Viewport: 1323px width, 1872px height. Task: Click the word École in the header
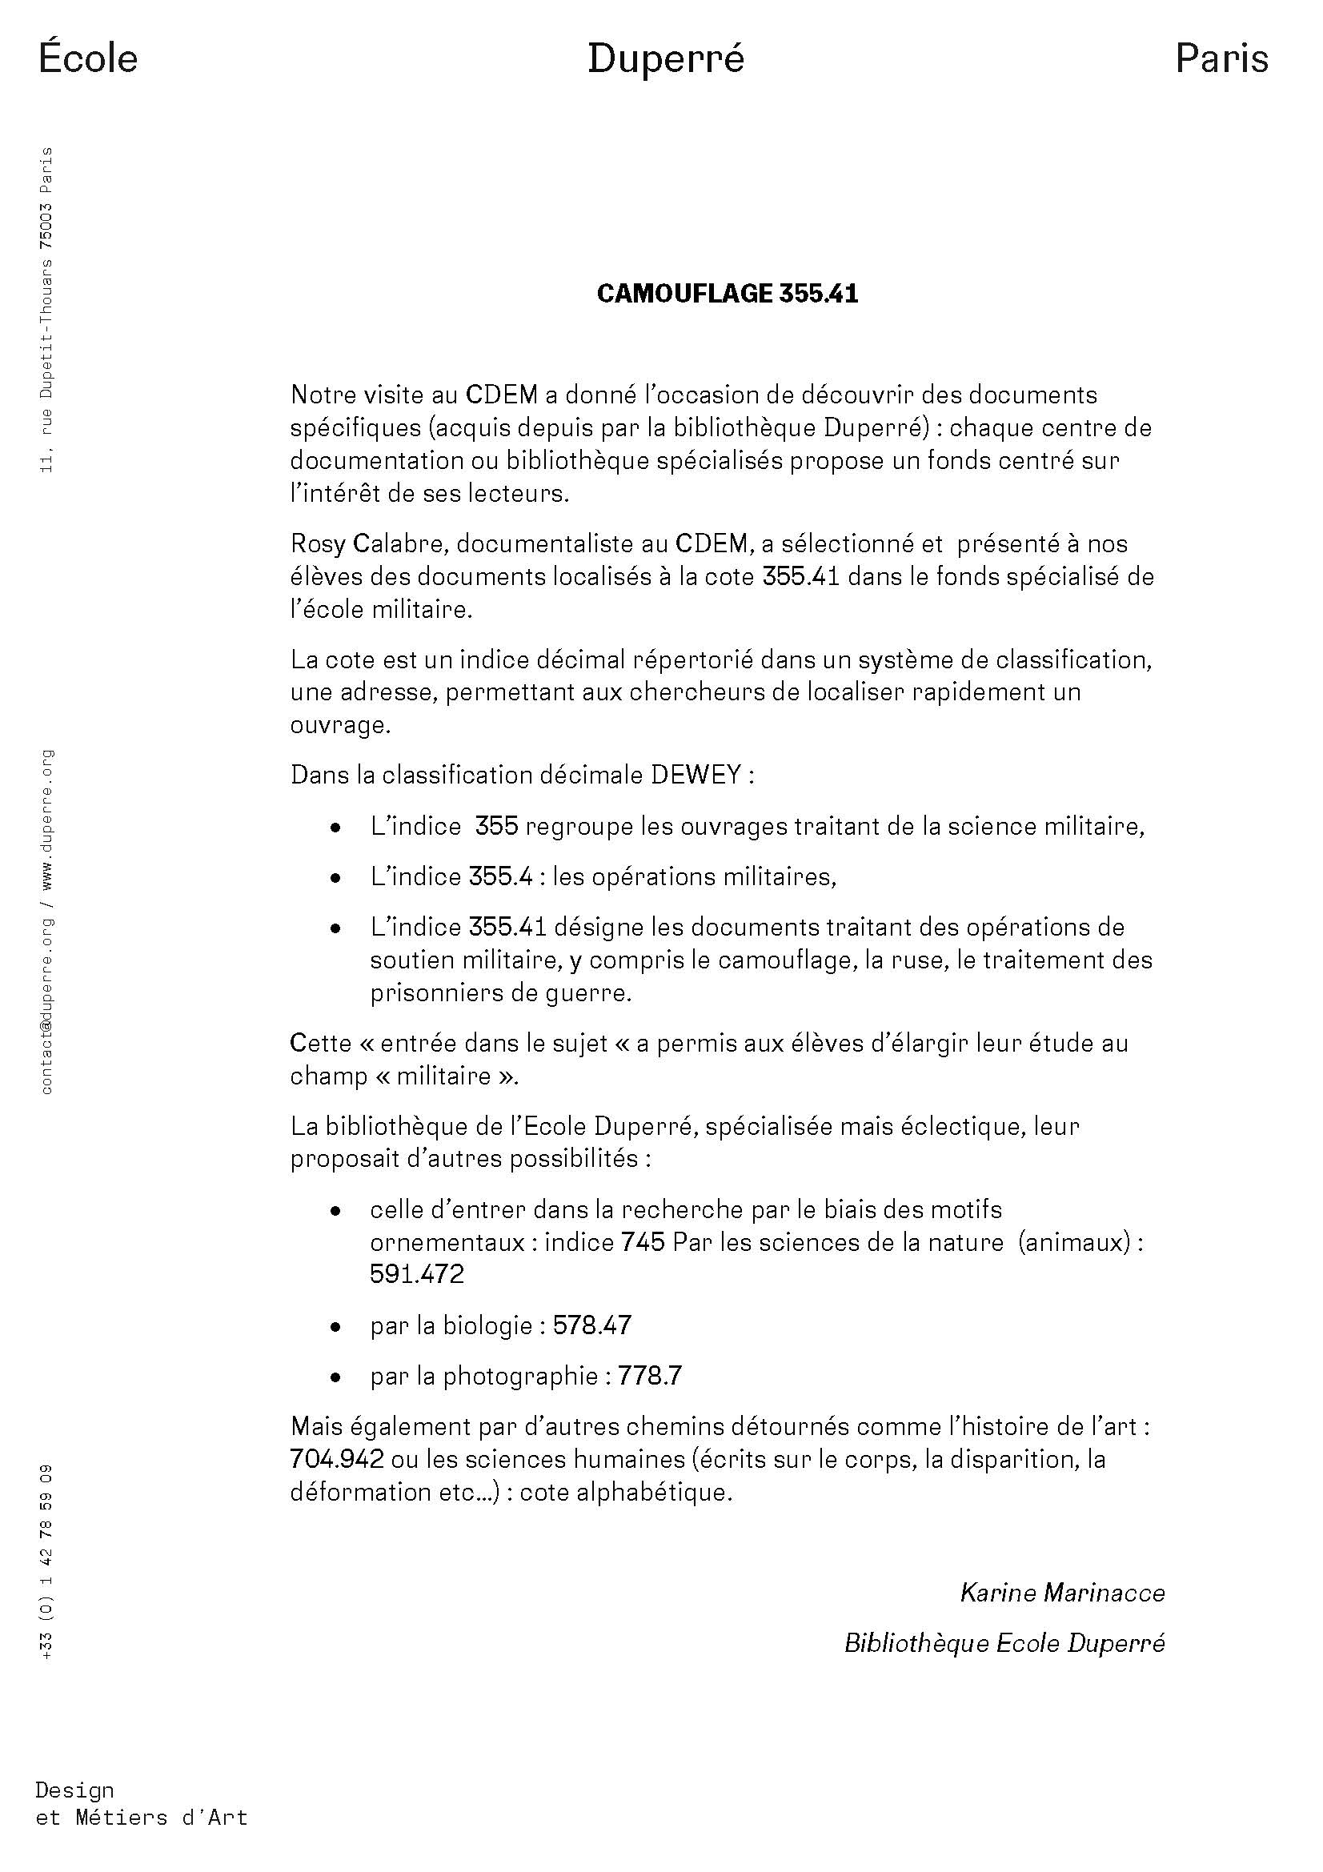click(x=88, y=58)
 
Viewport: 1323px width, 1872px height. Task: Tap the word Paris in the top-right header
click(x=1221, y=58)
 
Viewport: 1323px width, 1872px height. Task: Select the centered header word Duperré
click(x=666, y=59)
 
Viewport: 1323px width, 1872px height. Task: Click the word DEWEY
click(x=695, y=775)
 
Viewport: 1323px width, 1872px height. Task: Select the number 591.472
click(x=416, y=1273)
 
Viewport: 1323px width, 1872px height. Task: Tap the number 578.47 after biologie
click(x=591, y=1325)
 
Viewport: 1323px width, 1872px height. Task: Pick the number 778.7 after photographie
click(x=650, y=1377)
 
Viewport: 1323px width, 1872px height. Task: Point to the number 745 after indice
click(x=643, y=1242)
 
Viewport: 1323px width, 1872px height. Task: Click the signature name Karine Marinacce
click(x=1062, y=1593)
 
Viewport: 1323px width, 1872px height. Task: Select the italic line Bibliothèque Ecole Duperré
click(x=1004, y=1643)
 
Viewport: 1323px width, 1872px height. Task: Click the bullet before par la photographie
click(x=335, y=1377)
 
